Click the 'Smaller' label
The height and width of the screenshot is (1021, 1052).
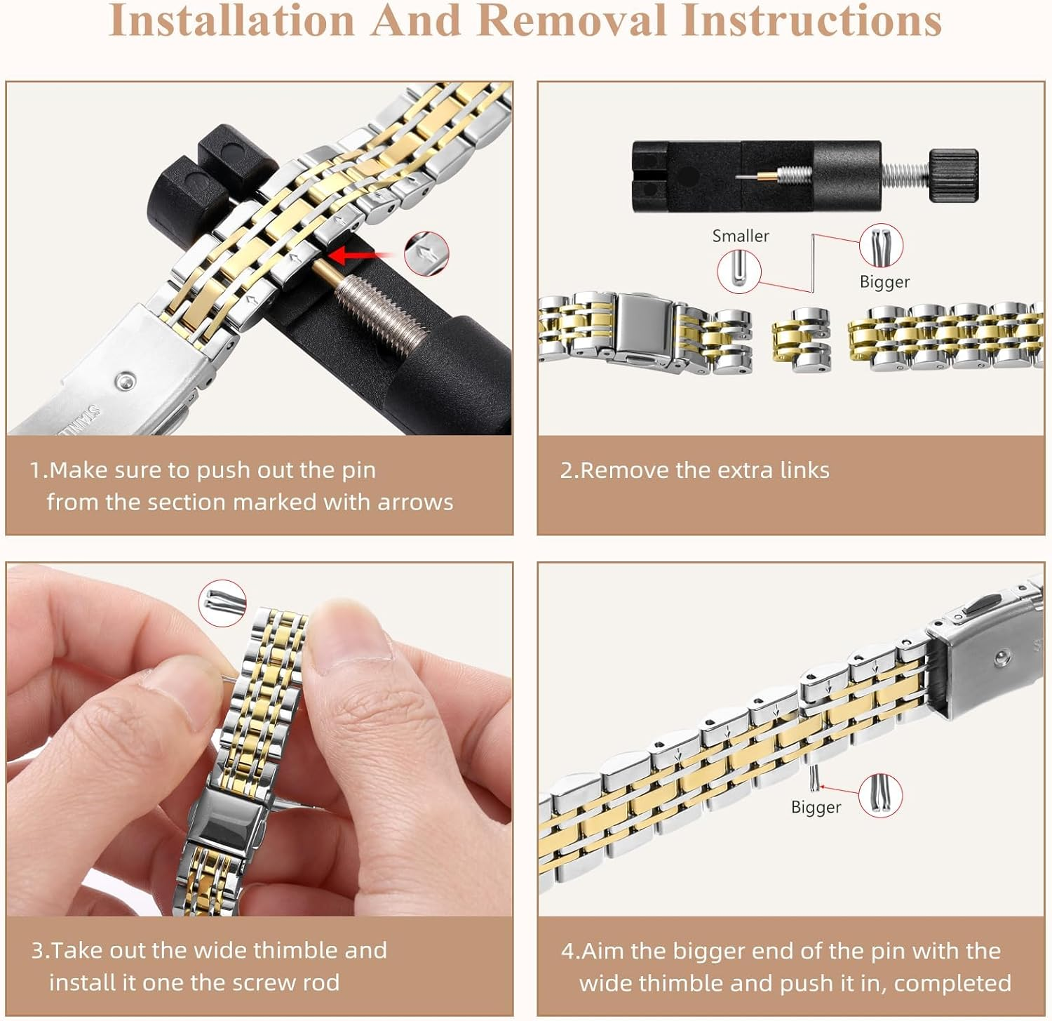tap(741, 236)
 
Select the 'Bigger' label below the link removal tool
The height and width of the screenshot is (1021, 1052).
tap(884, 282)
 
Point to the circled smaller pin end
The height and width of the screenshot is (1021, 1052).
tap(739, 271)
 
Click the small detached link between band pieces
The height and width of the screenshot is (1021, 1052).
tap(802, 340)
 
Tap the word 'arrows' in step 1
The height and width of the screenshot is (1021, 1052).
tap(415, 502)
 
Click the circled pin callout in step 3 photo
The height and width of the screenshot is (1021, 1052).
tap(222, 603)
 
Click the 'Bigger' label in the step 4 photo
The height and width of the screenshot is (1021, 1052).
tap(816, 807)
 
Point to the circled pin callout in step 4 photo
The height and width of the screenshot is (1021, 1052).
tap(881, 795)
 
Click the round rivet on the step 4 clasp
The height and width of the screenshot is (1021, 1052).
tap(1002, 658)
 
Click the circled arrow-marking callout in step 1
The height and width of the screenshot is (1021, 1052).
tap(426, 253)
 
